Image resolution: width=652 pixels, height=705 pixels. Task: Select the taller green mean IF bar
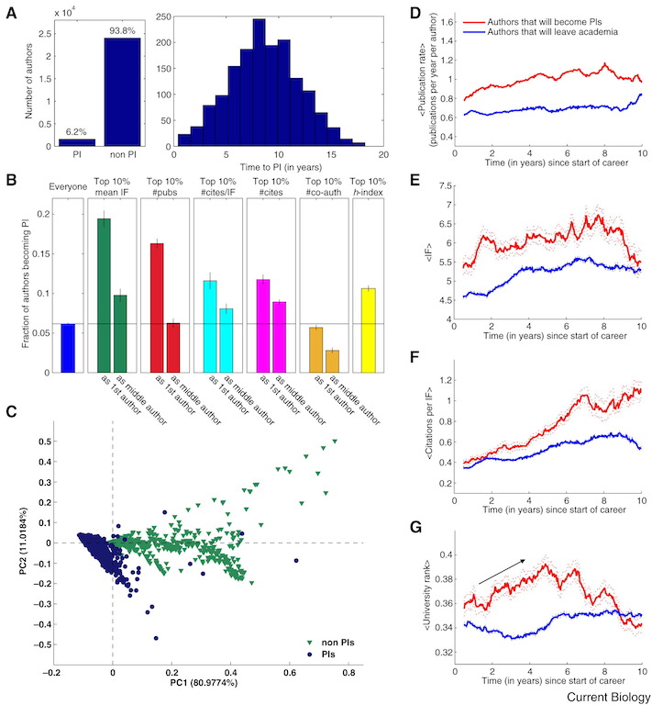coord(104,296)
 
